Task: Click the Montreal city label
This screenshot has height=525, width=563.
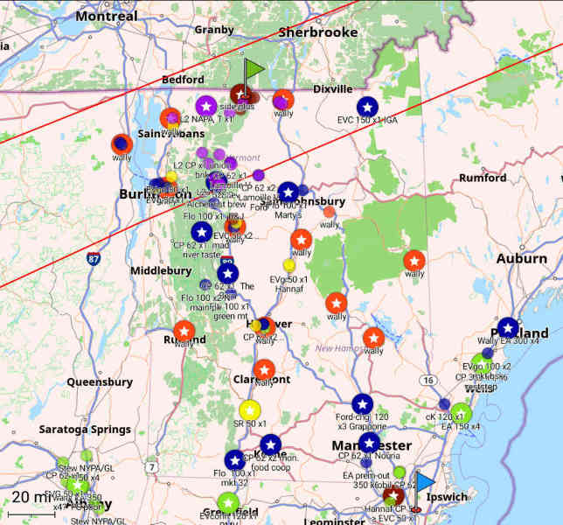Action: pyautogui.click(x=107, y=16)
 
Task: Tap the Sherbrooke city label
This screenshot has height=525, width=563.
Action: pyautogui.click(x=318, y=32)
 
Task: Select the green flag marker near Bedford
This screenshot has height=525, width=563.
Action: pyautogui.click(x=253, y=68)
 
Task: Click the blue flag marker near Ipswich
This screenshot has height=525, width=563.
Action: pyautogui.click(x=425, y=482)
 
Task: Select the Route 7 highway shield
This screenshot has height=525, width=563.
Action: pyautogui.click(x=152, y=466)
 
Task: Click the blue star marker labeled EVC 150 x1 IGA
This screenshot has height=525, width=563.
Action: pyautogui.click(x=368, y=107)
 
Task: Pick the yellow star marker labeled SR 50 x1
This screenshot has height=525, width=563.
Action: pyautogui.click(x=248, y=409)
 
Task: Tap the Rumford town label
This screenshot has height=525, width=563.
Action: pyautogui.click(x=482, y=178)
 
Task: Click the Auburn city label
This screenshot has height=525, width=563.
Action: pyautogui.click(x=522, y=258)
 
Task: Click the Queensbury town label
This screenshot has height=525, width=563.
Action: pyautogui.click(x=100, y=381)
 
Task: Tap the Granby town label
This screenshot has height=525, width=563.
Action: pyautogui.click(x=213, y=30)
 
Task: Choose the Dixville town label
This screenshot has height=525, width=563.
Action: pyautogui.click(x=333, y=88)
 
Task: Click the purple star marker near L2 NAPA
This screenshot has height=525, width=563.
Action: pyautogui.click(x=206, y=106)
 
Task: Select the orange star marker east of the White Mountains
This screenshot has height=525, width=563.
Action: pyautogui.click(x=414, y=260)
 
